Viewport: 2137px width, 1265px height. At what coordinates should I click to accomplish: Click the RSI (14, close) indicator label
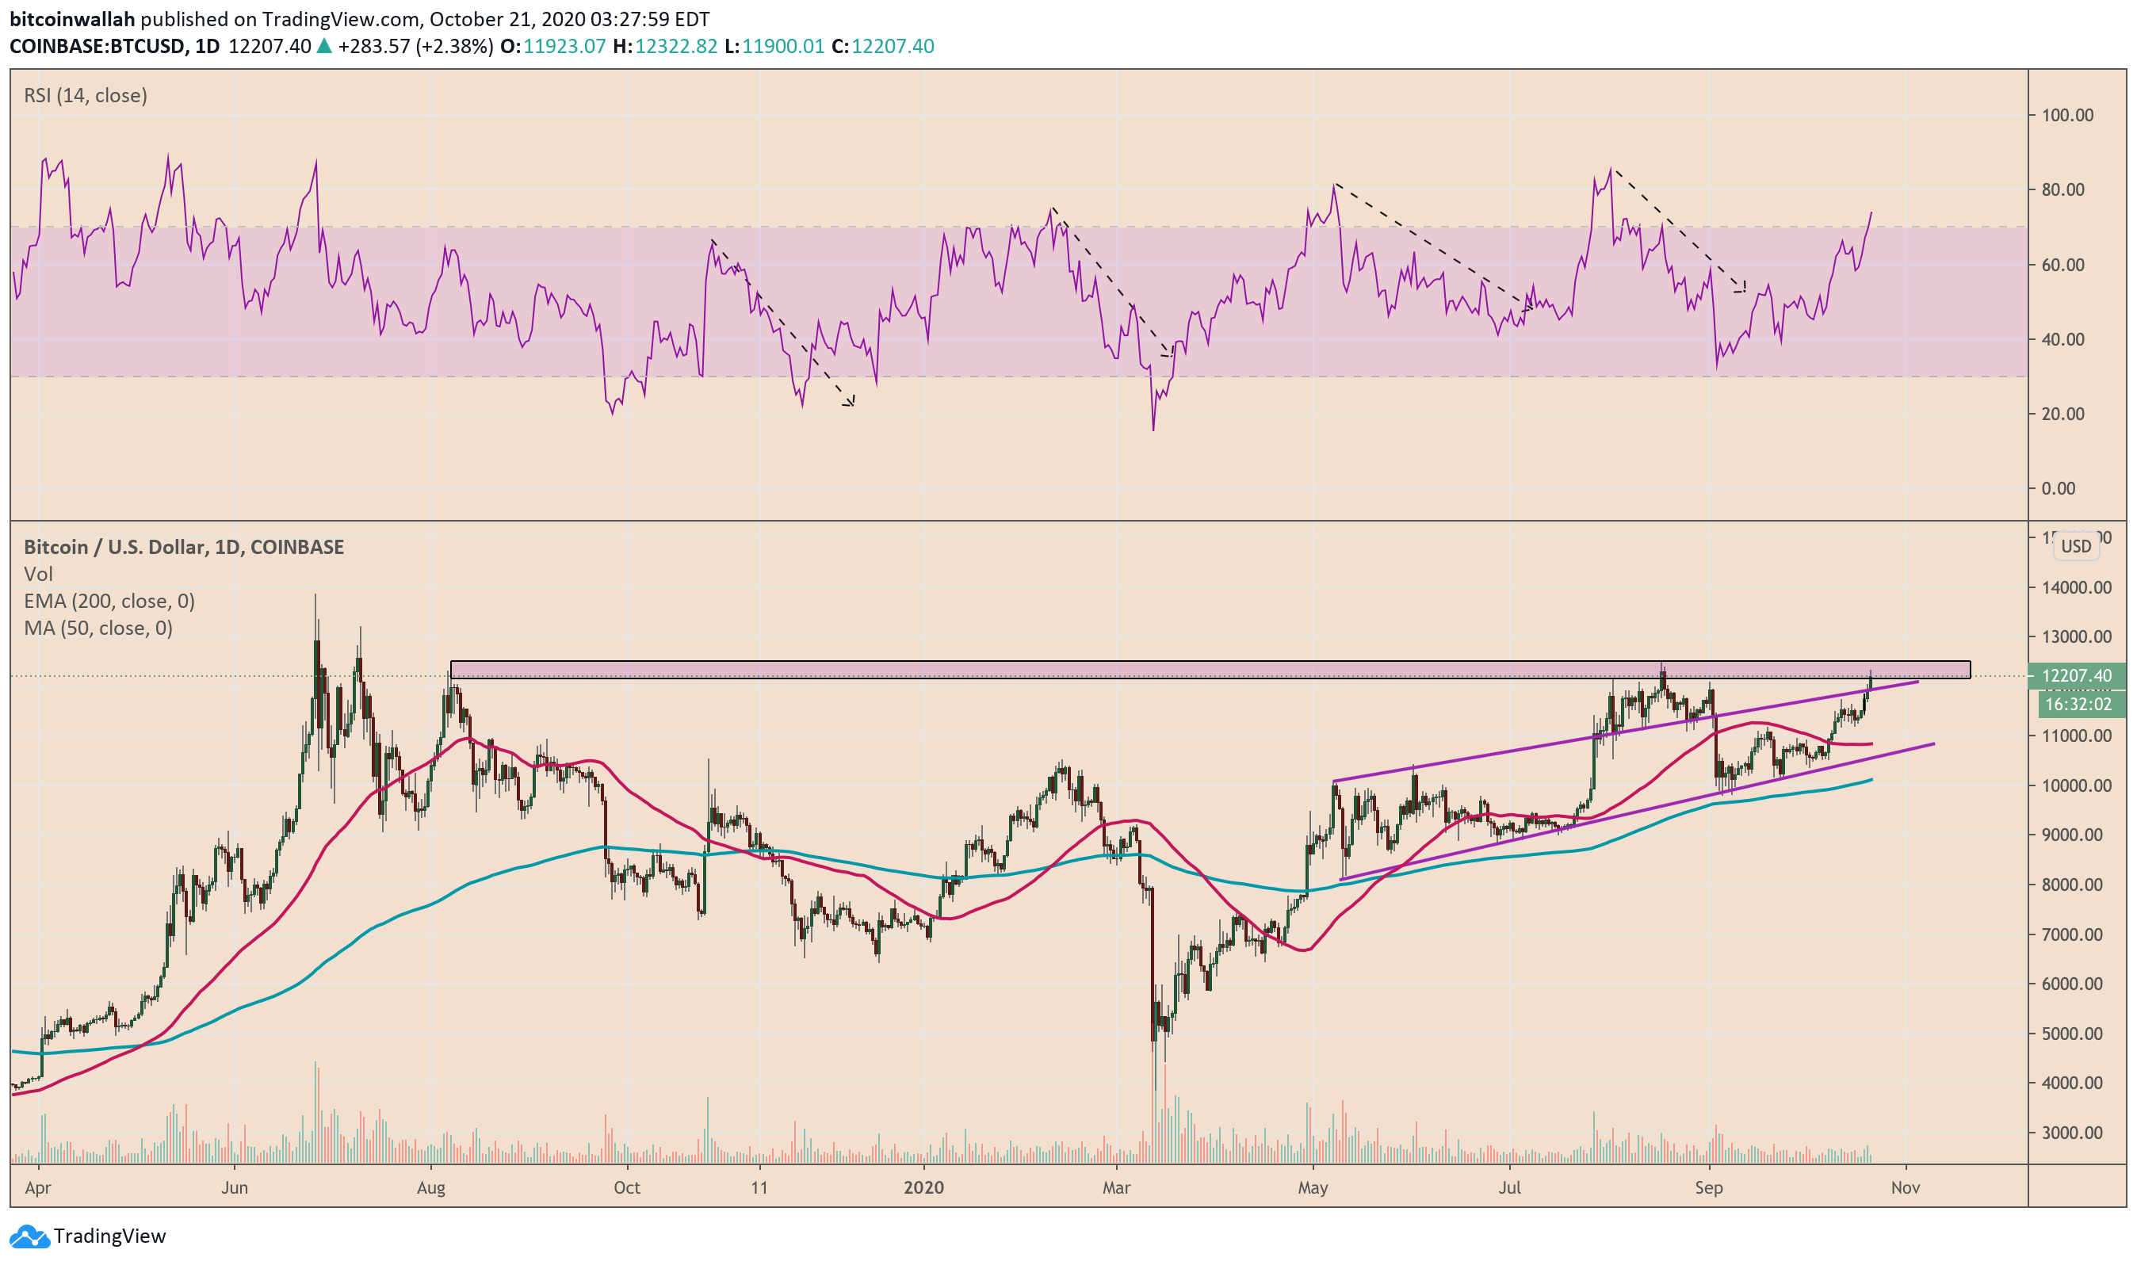point(86,95)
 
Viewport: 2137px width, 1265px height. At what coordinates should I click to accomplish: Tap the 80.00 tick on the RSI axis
point(2067,190)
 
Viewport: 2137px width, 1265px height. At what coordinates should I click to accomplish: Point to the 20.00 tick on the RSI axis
point(2067,415)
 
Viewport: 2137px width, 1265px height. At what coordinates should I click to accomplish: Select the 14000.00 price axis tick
point(2076,587)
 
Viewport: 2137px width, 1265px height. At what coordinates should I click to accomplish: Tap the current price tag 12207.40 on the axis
point(2077,676)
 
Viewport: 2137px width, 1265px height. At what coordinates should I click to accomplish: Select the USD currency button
point(2076,546)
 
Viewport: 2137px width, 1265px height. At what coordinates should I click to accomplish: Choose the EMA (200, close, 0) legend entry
point(109,602)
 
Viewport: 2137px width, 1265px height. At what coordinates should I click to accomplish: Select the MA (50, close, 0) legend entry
point(98,629)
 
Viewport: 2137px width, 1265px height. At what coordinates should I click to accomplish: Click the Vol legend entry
point(38,575)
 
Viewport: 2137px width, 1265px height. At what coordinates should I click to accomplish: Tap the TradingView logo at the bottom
point(89,1236)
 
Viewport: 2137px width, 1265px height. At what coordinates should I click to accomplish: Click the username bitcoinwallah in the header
point(72,19)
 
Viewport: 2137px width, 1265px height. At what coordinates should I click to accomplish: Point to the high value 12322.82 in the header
point(676,46)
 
